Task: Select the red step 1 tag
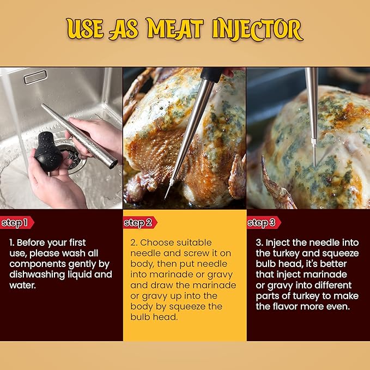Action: tap(16, 222)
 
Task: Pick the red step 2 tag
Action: tap(139, 222)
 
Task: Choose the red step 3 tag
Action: tap(263, 222)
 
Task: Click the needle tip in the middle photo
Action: tap(166, 196)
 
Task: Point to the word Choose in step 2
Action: tap(159, 242)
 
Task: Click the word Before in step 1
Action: tap(37, 242)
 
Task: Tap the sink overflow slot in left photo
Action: tap(35, 77)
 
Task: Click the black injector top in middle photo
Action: tap(210, 74)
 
